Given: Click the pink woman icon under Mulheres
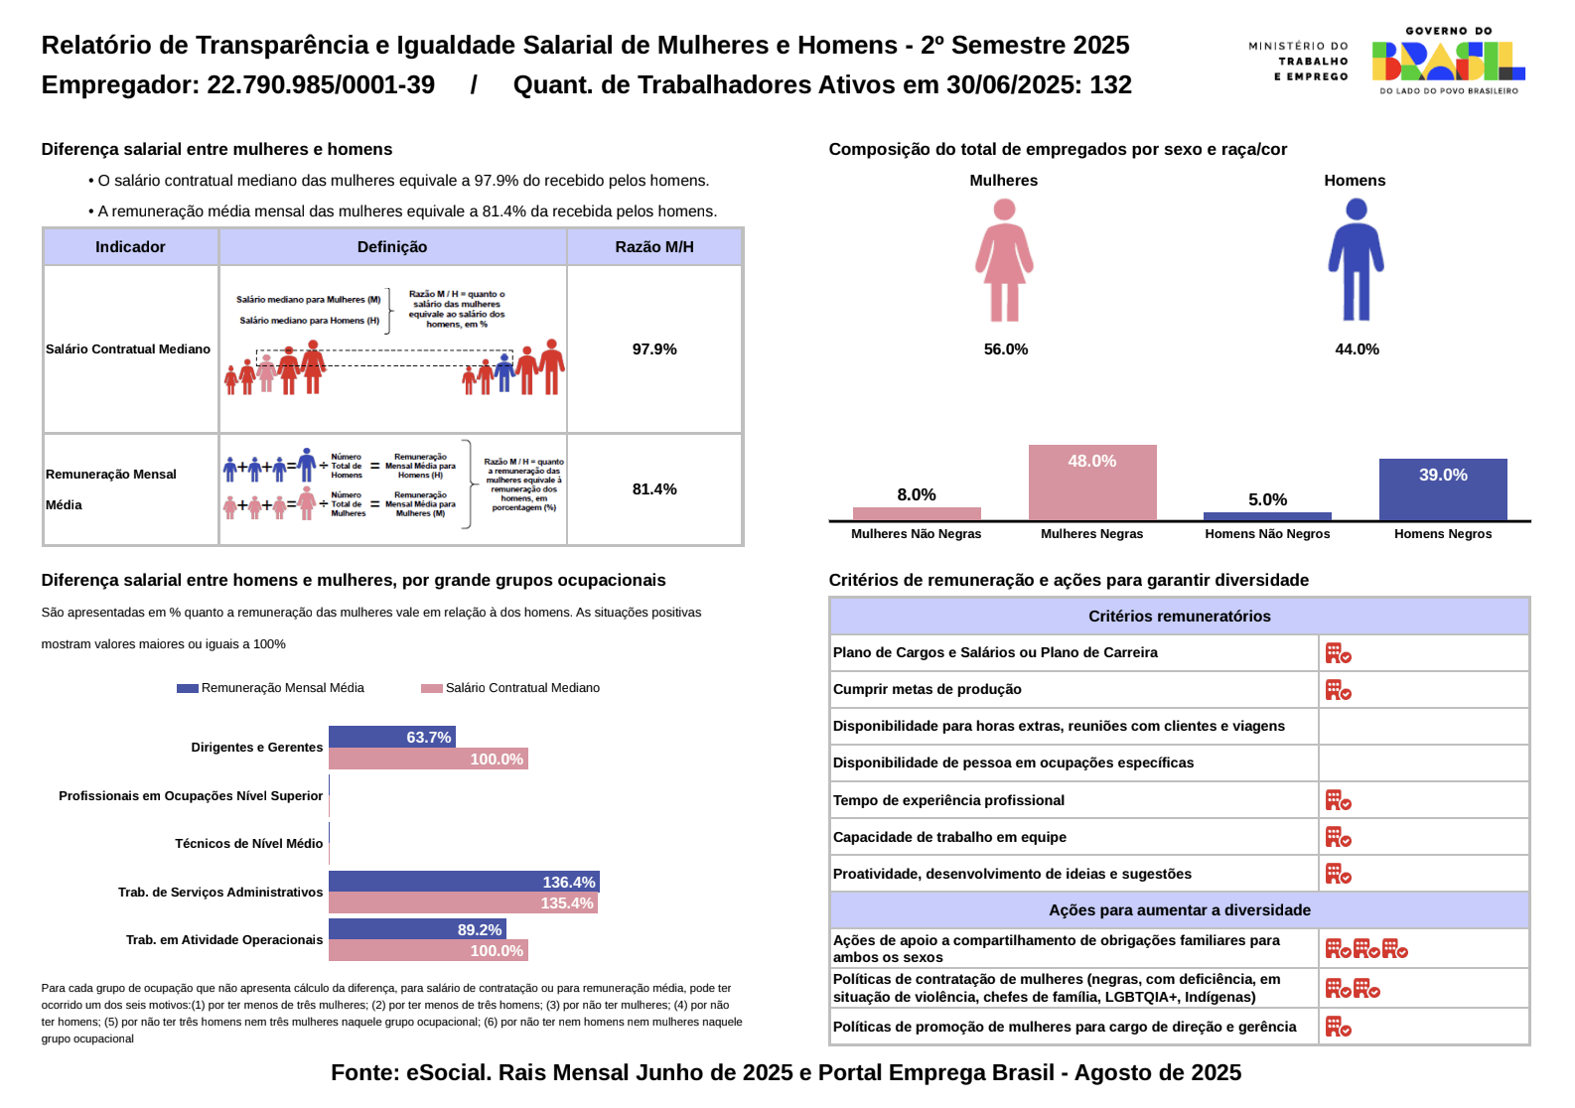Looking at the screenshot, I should point(1004,260).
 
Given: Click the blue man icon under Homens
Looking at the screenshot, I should point(1356,260).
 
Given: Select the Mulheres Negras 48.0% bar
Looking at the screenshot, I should point(1092,483).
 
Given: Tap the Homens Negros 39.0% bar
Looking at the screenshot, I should point(1442,489).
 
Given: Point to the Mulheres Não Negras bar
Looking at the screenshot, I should point(917,513).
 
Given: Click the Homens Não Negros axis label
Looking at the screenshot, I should point(1267,534).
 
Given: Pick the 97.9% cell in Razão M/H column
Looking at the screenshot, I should point(654,349).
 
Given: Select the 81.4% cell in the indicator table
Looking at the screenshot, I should point(654,489).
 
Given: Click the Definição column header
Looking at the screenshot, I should point(392,247).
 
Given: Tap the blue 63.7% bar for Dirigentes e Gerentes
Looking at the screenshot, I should point(391,737).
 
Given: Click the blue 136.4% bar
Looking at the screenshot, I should point(464,882).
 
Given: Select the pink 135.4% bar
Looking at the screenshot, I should point(463,903).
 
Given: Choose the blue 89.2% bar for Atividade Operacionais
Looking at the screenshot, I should point(417,929).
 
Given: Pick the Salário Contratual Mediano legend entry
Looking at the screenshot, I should point(510,688).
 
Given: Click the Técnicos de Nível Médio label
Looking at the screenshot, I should point(248,844).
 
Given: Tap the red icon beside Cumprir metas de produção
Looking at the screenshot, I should point(1338,690).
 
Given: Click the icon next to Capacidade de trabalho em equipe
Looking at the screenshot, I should point(1338,838).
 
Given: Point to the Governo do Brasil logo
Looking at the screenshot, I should point(1448,62).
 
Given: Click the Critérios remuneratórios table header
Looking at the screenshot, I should point(1179,617).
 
